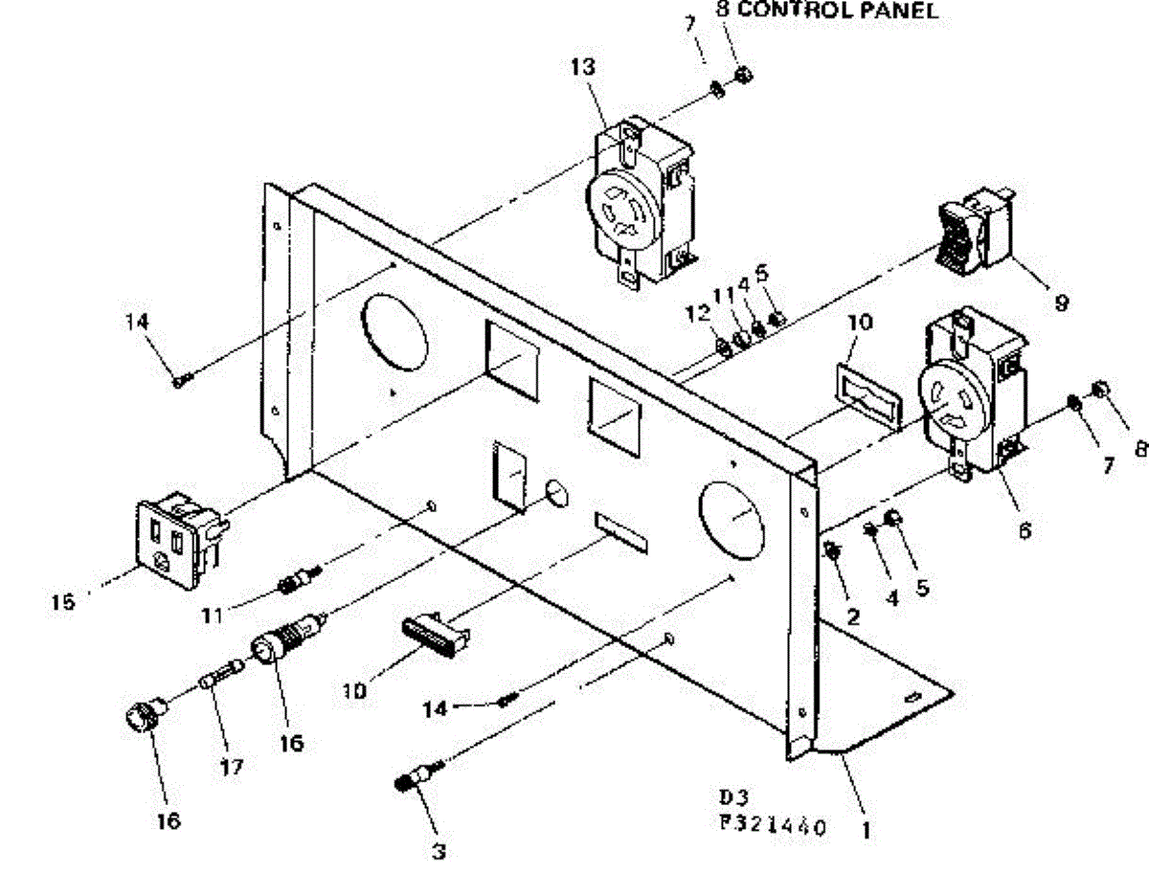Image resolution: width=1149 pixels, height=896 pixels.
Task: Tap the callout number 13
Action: click(582, 67)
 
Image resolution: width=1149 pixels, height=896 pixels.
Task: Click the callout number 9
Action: click(1061, 302)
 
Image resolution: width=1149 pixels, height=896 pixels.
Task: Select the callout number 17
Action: click(231, 766)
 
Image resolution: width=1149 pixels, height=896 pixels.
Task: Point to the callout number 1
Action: click(866, 831)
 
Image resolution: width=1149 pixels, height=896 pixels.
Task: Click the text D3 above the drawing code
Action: click(732, 796)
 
